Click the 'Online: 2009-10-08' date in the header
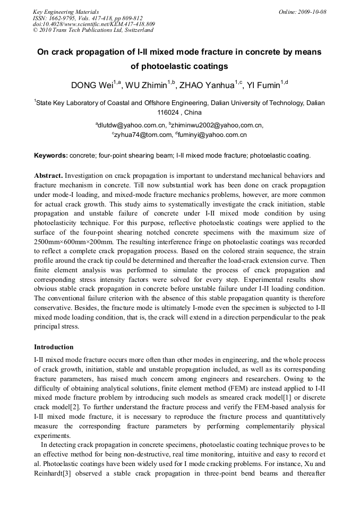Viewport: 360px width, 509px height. click(x=302, y=12)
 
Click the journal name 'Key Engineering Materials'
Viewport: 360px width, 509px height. click(x=65, y=12)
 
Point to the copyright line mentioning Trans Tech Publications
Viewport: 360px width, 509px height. click(x=93, y=30)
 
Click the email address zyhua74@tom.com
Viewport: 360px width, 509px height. click(x=143, y=135)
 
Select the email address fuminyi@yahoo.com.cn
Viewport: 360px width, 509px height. click(x=213, y=135)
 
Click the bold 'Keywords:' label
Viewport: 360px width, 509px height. click(x=51, y=156)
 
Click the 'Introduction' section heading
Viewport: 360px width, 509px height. click(x=54, y=347)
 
